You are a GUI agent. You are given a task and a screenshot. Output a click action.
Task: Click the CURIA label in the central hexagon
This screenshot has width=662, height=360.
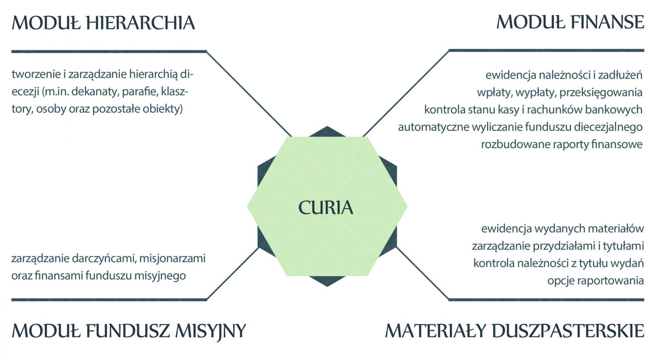pyautogui.click(x=326, y=208)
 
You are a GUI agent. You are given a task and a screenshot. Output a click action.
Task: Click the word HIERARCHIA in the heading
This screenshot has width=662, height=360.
pyautogui.click(x=141, y=23)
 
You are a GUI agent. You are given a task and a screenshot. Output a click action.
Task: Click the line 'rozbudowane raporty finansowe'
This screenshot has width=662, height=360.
pyautogui.click(x=561, y=144)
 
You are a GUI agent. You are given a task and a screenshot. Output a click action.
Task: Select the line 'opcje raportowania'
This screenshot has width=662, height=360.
pyautogui.click(x=595, y=281)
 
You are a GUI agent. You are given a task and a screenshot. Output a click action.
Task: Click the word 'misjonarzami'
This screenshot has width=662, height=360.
pyautogui.click(x=172, y=259)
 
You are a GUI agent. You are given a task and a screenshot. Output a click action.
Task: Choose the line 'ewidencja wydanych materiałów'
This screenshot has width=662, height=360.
pyautogui.click(x=562, y=229)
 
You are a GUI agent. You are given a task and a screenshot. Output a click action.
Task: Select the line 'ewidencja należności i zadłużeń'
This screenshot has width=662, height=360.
pyautogui.click(x=564, y=75)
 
